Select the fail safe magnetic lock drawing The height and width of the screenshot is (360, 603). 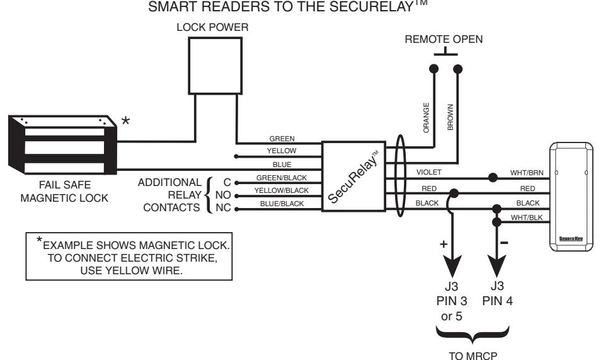(x=62, y=144)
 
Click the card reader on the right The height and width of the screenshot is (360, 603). (x=571, y=197)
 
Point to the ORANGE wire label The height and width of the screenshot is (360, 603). (x=426, y=118)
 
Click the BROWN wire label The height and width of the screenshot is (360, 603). (x=451, y=117)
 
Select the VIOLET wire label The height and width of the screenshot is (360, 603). (x=429, y=172)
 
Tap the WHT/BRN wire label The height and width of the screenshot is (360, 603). (x=527, y=173)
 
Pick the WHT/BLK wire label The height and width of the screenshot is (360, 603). (x=527, y=218)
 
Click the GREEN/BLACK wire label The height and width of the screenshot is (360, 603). (x=282, y=178)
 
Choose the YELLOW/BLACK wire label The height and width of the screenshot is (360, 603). (x=282, y=190)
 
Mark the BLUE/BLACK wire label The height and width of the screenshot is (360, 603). (x=282, y=204)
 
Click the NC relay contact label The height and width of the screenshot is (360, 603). (x=223, y=207)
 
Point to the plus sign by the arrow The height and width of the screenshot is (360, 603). (x=444, y=244)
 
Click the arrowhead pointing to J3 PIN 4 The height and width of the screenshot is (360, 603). (x=497, y=266)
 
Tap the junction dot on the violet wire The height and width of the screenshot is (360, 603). (x=493, y=178)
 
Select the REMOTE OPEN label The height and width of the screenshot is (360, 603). (x=444, y=39)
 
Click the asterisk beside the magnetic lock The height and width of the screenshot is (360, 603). (x=126, y=122)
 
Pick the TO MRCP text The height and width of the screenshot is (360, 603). (x=473, y=356)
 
